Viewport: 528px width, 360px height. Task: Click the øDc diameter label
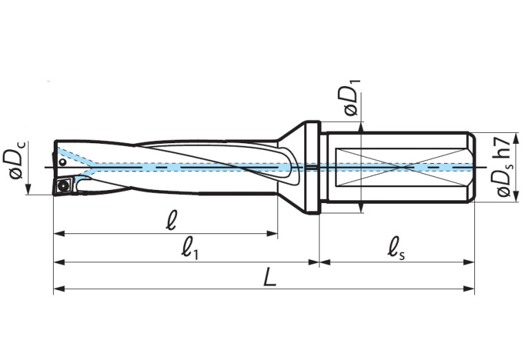pos(15,167)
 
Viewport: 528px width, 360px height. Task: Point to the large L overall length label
pos(270,278)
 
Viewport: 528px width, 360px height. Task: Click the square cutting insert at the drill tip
pos(64,185)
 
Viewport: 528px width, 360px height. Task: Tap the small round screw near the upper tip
pos(62,162)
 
